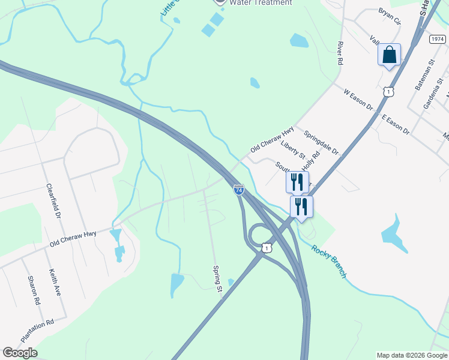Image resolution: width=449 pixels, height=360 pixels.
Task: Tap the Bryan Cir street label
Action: click(x=389, y=16)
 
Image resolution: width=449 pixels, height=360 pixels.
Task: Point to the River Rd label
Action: click(x=340, y=53)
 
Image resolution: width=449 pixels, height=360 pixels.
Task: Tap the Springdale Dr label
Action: click(x=321, y=142)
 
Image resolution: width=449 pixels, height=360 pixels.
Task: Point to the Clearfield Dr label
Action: click(x=54, y=200)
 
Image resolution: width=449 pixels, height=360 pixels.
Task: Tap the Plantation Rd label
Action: click(x=37, y=331)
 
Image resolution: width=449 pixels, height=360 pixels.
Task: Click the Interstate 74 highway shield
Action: click(x=239, y=190)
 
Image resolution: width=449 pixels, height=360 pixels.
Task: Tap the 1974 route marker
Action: click(x=438, y=38)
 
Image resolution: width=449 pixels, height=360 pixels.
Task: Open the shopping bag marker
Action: click(x=389, y=55)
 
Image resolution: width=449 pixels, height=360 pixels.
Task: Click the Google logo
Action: click(x=20, y=353)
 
